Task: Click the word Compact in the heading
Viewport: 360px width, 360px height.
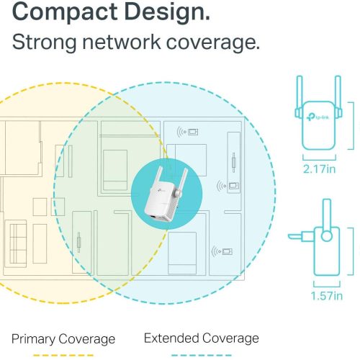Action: tap(65, 12)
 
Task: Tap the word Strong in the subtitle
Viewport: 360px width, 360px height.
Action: tap(44, 42)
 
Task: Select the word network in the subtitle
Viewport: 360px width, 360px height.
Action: tap(122, 42)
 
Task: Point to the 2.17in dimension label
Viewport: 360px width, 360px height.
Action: tap(319, 169)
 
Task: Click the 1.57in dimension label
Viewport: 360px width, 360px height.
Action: tap(327, 296)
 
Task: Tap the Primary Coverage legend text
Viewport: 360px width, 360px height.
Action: tap(63, 339)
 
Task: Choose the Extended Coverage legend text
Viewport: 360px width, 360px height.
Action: tap(202, 338)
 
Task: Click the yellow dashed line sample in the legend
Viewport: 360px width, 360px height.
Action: tap(63, 356)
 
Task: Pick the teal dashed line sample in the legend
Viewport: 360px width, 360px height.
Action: tap(202, 356)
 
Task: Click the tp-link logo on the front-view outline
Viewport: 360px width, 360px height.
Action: tap(318, 117)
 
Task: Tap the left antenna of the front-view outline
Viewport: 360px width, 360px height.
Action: tap(299, 96)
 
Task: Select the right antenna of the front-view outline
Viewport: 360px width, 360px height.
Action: tap(338, 96)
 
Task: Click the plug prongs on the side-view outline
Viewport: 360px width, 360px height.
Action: tap(301, 236)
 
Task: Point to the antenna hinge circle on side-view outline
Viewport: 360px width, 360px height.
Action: tap(327, 236)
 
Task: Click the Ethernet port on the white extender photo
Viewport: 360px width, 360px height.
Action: tap(153, 217)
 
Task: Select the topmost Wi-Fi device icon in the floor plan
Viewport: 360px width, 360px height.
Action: tap(187, 132)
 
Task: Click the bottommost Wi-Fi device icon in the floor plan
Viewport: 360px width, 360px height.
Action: tap(222, 251)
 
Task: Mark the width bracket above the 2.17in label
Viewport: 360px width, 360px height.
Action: tap(319, 158)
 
